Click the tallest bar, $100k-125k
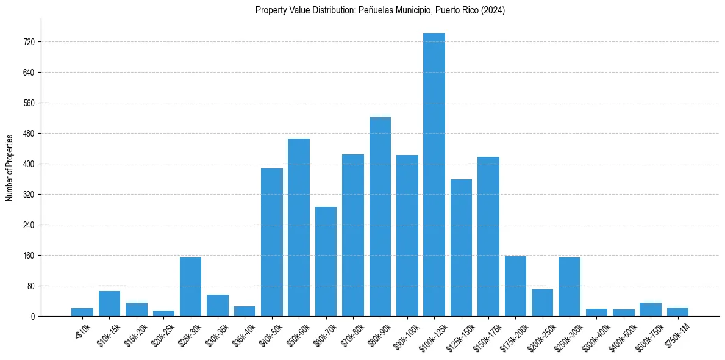434,175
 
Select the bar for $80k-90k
380,217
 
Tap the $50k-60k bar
299,227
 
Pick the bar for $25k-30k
190,287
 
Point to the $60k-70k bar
326,261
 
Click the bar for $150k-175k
488,236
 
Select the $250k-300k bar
570,287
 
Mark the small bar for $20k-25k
163,313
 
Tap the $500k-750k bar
651,309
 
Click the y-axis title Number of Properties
9,167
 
